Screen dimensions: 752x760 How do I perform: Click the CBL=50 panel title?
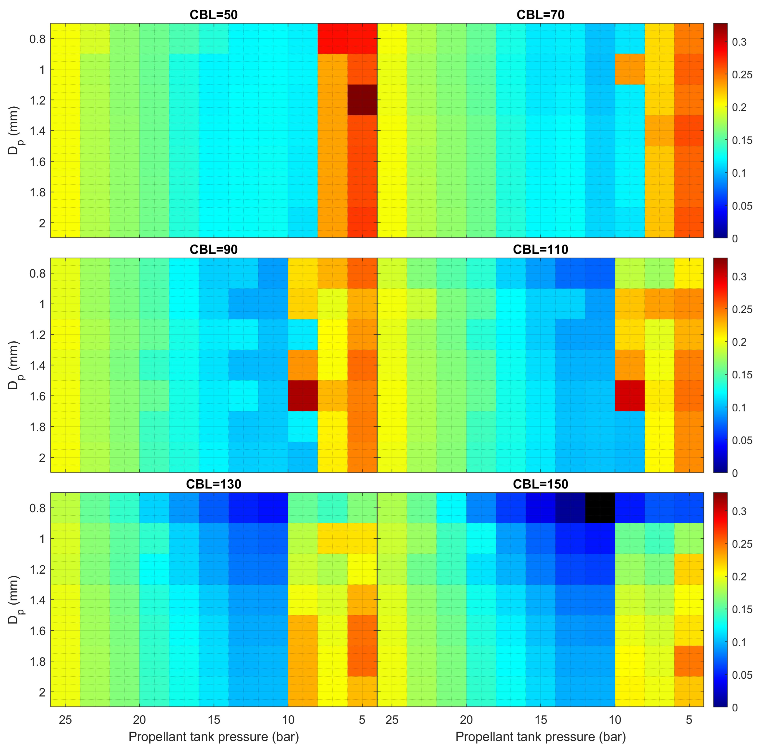tap(214, 15)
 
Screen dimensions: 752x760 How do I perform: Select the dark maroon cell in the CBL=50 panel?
tap(362, 100)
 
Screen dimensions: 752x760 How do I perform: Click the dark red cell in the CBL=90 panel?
tap(302, 395)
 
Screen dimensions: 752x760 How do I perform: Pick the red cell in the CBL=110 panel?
tap(629, 395)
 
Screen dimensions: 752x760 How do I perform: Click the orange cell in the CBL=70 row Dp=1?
tap(629, 69)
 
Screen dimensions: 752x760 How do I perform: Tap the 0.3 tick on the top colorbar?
tap(739, 42)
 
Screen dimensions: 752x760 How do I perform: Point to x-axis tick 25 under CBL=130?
tap(65, 720)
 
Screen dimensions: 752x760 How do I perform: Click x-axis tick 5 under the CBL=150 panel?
tap(689, 720)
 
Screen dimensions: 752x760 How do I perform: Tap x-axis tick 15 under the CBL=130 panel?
tap(214, 720)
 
